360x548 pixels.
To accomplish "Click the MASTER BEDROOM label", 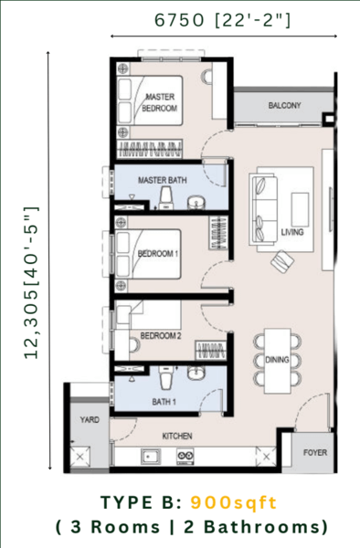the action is tap(159, 102).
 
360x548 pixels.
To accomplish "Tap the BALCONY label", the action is tap(284, 105).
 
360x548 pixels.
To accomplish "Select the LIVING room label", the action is tap(292, 232).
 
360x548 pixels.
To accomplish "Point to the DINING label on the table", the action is tap(277, 360).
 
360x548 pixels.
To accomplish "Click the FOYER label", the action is tap(315, 453).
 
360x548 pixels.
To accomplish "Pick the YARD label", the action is tap(90, 420).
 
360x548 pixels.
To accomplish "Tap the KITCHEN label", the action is tap(177, 437).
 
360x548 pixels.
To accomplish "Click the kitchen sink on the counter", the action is tap(151, 457).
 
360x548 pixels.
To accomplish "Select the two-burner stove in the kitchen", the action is tap(185, 457).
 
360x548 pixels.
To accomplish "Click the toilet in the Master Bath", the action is tap(165, 198).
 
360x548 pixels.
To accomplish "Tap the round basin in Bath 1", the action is tap(196, 373).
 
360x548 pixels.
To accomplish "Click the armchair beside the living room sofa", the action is tap(282, 261).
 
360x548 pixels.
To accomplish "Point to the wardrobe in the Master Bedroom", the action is tap(149, 149).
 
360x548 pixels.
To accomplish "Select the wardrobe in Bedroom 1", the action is tap(218, 233).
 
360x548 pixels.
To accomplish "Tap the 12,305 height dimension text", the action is tap(31, 282).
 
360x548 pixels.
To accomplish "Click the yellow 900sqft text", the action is tap(234, 503).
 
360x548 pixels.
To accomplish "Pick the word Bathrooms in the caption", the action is tap(266, 527).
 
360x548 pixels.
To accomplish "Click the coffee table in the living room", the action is tap(300, 209).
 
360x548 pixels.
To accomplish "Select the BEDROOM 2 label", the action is tap(161, 336).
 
